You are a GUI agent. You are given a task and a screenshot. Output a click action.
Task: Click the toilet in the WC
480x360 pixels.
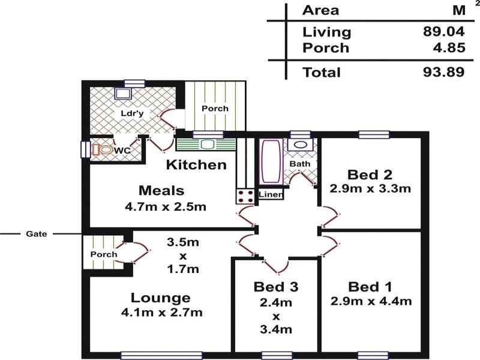[x=103, y=150]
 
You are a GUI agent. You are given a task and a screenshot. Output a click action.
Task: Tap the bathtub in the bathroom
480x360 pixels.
[x=271, y=161]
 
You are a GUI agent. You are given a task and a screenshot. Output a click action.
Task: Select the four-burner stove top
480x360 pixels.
[x=245, y=196]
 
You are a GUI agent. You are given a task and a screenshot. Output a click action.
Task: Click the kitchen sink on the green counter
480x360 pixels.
[x=207, y=144]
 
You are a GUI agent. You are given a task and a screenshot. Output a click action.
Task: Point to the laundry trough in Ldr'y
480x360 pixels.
[x=124, y=94]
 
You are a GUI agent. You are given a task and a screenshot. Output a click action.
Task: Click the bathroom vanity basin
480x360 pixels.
[x=300, y=144]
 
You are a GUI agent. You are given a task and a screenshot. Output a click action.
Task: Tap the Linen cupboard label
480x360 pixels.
[x=271, y=194]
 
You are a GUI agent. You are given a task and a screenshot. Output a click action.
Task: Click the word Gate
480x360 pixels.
[x=37, y=234]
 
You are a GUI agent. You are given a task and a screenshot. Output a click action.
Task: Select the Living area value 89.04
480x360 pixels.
[x=444, y=31]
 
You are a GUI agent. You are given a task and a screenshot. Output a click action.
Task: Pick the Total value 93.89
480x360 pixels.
[x=444, y=72]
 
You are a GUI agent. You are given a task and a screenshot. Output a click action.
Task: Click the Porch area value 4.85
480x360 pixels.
[x=449, y=48]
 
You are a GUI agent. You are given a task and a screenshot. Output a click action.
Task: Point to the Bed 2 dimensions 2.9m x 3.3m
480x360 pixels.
[x=370, y=188]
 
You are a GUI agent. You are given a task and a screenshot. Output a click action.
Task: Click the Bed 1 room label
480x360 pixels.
[x=370, y=287]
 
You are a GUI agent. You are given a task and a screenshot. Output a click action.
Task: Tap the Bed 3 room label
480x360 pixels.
[x=276, y=287]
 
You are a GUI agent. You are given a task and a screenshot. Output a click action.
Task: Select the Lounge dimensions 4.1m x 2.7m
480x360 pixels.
[x=161, y=313]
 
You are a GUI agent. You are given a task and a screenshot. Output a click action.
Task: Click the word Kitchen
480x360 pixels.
[x=196, y=164]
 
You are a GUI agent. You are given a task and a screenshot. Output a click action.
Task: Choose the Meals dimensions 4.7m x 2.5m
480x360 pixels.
[x=166, y=206]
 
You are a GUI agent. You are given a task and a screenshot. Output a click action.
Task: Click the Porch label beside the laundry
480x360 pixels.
[x=215, y=109]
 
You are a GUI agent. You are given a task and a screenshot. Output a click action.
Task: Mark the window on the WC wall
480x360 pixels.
[x=85, y=149]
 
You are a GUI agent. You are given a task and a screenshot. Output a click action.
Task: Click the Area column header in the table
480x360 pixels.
[x=320, y=10]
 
